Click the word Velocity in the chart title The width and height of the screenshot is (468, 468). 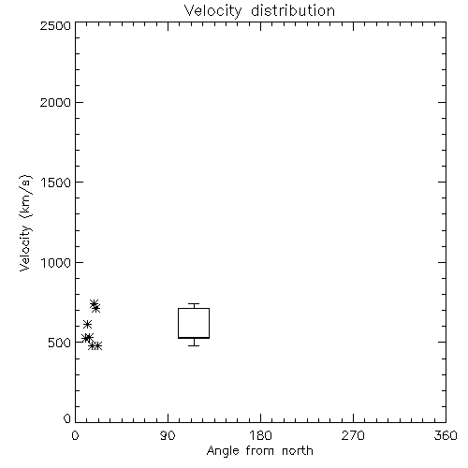point(212,11)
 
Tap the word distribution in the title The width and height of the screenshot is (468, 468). point(293,10)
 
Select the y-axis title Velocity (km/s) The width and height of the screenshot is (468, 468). point(25,223)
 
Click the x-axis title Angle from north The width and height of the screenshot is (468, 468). point(259,451)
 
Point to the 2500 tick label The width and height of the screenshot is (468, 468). point(55,25)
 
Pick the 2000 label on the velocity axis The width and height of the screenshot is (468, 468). point(55,102)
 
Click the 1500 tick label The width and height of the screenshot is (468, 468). point(56,183)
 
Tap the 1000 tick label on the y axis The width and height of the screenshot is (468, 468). point(56,262)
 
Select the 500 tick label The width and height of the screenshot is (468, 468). point(60,343)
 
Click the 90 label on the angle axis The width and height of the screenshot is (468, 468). point(168,435)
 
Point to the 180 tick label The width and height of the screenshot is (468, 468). point(260,435)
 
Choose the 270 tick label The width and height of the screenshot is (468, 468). point(353,435)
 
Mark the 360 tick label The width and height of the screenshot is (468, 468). point(446,435)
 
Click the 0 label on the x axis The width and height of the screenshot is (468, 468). point(75,435)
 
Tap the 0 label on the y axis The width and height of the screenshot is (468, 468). point(67,418)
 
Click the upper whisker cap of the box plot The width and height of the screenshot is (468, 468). point(194,303)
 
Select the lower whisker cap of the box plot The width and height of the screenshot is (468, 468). point(194,345)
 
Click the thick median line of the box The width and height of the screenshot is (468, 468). point(194,338)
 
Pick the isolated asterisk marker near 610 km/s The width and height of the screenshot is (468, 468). point(87,324)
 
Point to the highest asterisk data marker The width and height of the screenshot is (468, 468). point(94,303)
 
